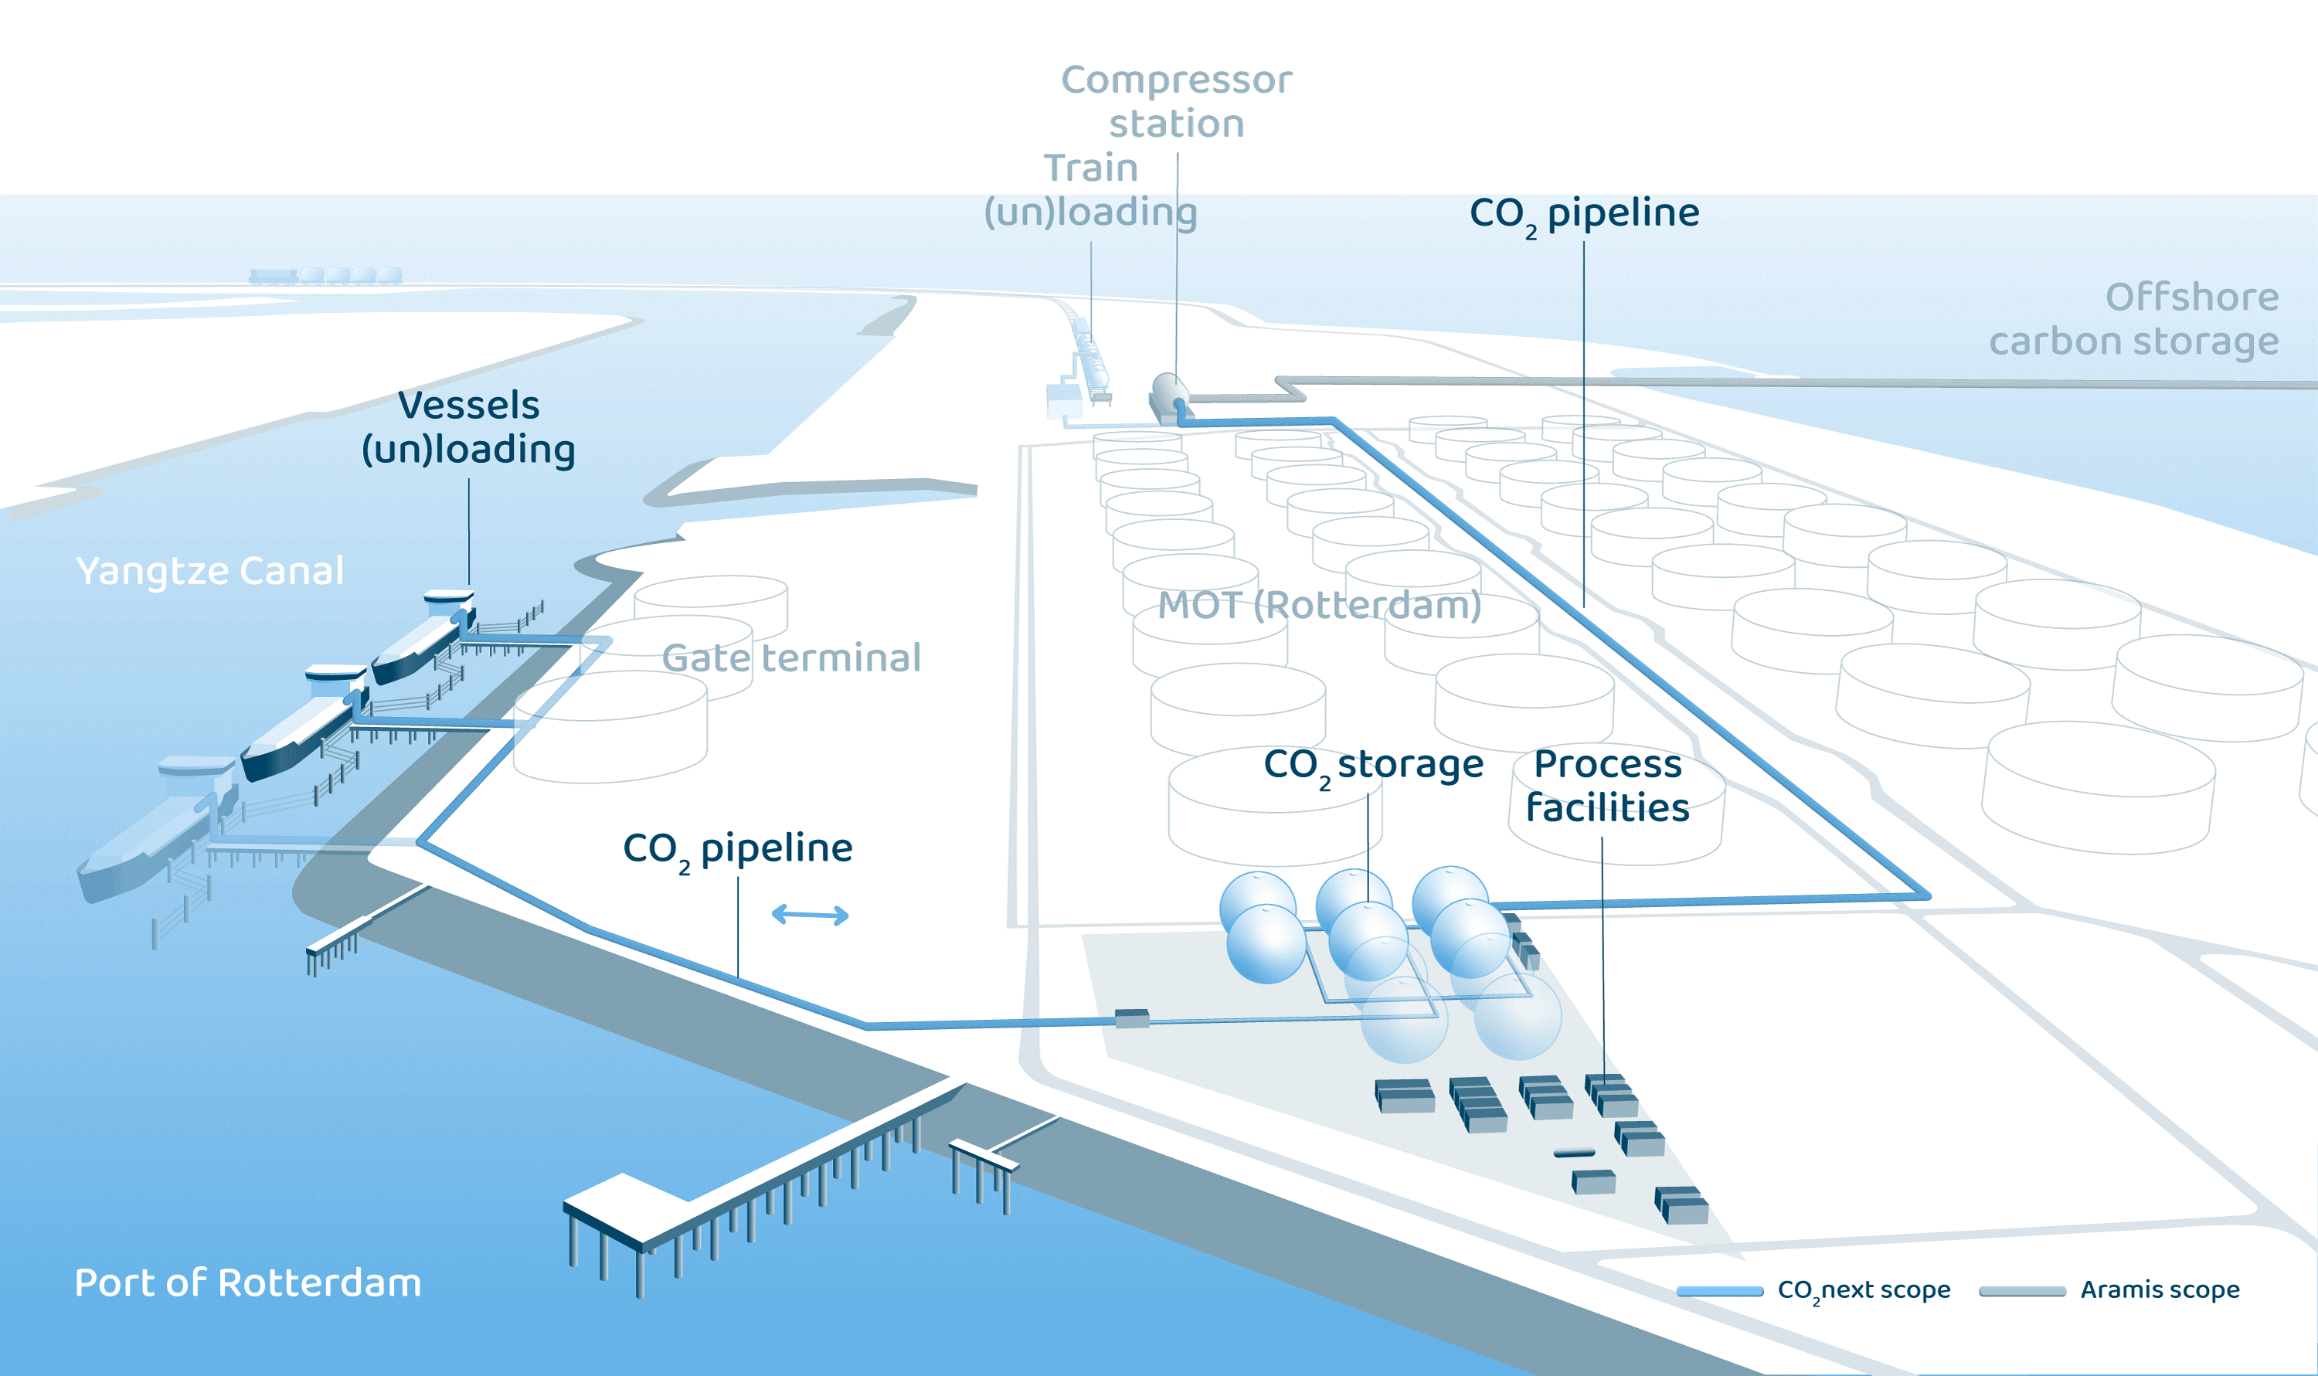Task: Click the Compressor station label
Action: click(x=1176, y=101)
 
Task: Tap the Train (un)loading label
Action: click(x=1090, y=190)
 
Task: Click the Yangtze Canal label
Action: click(x=210, y=570)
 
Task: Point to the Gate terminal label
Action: click(x=791, y=657)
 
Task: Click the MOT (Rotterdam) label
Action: click(x=1318, y=606)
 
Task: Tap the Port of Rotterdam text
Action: click(x=247, y=1283)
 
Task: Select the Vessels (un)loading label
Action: click(x=468, y=427)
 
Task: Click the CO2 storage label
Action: click(x=1373, y=766)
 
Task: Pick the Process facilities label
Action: click(x=1607, y=786)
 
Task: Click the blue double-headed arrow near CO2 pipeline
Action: click(x=810, y=916)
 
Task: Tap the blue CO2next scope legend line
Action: click(x=1719, y=1291)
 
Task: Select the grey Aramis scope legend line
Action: click(x=2021, y=1291)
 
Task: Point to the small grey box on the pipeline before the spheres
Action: click(x=1131, y=1018)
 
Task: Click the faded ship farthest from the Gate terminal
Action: click(x=153, y=834)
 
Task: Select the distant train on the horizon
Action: click(x=325, y=275)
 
